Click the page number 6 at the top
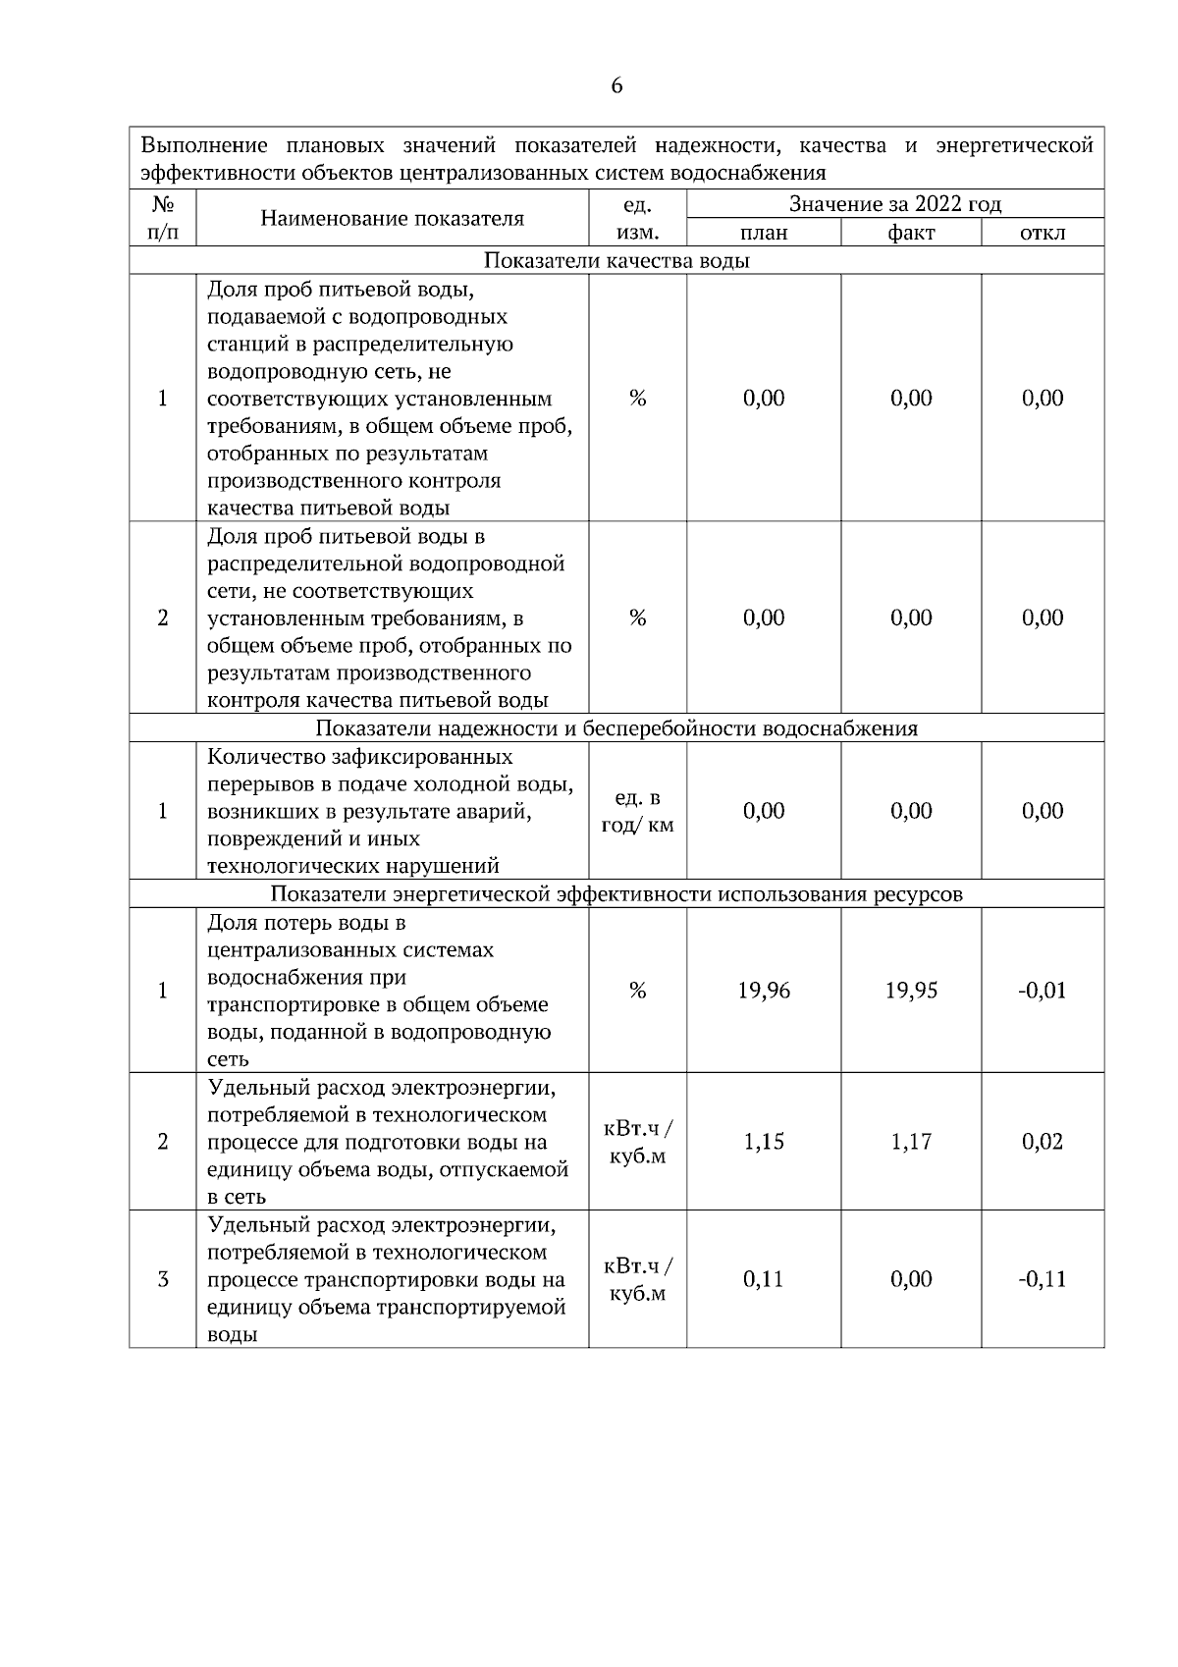[x=616, y=86]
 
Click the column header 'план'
[x=764, y=233]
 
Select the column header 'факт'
[x=911, y=233]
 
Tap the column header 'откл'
[x=1043, y=233]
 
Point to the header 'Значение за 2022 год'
[x=895, y=204]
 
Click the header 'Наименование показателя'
[x=392, y=218]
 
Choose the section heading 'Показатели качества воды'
[x=616, y=261]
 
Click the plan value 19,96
[x=764, y=991]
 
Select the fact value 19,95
[x=911, y=991]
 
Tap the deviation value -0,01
[x=1042, y=991]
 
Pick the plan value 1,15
[x=764, y=1142]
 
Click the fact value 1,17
[x=911, y=1142]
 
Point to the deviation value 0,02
[x=1043, y=1142]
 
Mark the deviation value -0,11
[x=1042, y=1279]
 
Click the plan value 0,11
[x=764, y=1279]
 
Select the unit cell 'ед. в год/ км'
[x=637, y=811]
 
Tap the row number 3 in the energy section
[x=162, y=1279]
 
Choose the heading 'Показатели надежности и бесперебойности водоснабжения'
[x=616, y=728]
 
